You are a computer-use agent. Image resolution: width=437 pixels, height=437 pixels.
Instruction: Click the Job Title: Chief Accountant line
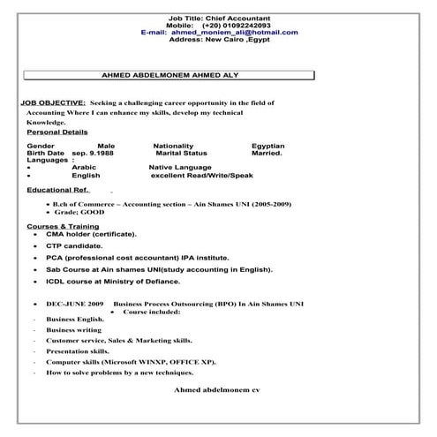click(218, 18)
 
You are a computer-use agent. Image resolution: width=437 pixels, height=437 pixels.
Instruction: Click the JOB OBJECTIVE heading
click(53, 103)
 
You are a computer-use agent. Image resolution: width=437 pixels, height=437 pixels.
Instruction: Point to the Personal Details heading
click(57, 132)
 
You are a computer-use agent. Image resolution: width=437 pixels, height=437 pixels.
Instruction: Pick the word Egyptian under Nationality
click(267, 145)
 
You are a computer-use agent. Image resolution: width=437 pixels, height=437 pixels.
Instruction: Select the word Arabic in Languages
click(85, 166)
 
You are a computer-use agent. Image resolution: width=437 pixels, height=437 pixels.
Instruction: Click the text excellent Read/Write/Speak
click(201, 175)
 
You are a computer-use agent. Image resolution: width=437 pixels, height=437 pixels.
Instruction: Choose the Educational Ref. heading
click(58, 190)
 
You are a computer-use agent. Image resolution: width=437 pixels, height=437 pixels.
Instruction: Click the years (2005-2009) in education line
click(268, 204)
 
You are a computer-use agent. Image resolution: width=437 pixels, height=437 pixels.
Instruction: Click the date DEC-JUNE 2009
click(74, 303)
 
